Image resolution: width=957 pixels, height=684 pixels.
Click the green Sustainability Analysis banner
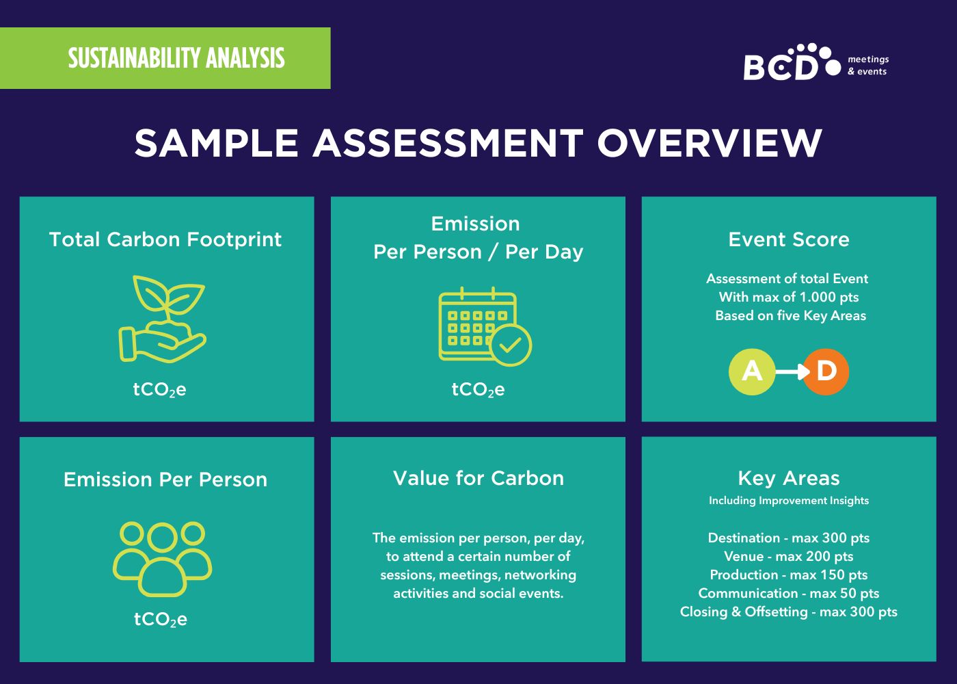(165, 58)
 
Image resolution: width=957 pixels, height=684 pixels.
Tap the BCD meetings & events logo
(816, 62)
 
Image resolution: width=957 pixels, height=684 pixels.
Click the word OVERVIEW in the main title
(710, 143)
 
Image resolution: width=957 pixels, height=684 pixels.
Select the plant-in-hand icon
(163, 319)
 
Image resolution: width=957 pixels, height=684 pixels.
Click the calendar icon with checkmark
(485, 327)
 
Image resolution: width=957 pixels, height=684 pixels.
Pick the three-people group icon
(163, 560)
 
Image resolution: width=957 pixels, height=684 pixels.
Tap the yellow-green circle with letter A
(752, 371)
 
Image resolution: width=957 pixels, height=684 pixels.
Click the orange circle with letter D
(826, 371)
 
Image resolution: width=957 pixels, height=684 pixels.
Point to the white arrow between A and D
(792, 371)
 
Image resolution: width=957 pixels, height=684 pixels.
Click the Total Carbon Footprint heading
(165, 239)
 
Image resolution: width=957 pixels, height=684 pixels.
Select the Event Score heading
(789, 239)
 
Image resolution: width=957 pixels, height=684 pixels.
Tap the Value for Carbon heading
(478, 478)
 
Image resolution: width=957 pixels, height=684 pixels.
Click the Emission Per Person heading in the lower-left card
(165, 479)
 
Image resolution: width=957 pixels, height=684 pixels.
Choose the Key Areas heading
(789, 478)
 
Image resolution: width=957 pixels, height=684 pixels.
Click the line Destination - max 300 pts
(789, 538)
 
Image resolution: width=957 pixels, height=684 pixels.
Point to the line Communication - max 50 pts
(789, 594)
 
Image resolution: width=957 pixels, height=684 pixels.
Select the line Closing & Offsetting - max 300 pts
(789, 611)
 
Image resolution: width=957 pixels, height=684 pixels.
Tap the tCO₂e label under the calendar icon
(478, 389)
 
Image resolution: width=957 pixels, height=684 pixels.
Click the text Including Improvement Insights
(789, 501)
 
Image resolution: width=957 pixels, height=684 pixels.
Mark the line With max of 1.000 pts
(789, 297)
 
